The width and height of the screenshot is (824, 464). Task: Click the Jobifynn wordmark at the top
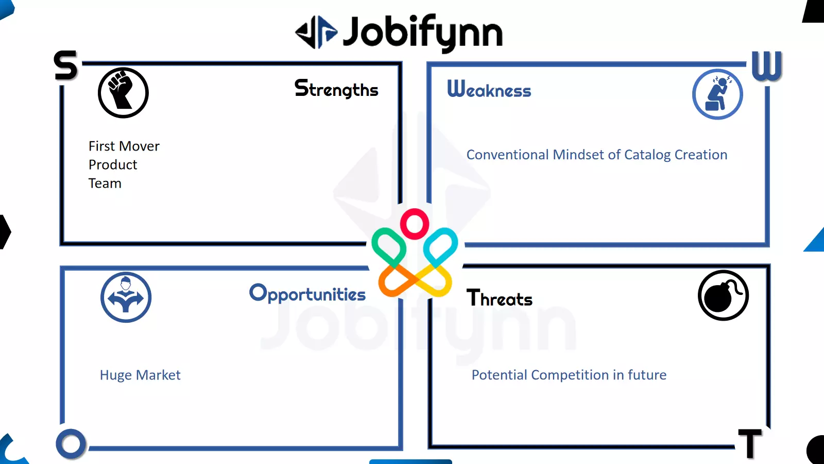pos(423,32)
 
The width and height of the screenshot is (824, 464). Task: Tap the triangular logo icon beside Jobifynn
pos(316,32)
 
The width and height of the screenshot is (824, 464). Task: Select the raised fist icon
pos(123,92)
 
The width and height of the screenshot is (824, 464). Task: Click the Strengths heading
pos(336,89)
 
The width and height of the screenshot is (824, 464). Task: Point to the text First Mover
pos(124,146)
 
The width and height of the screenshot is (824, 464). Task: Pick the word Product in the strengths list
pos(113,164)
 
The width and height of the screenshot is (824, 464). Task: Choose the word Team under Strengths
pos(105,183)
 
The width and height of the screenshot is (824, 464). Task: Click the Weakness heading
pos(489,89)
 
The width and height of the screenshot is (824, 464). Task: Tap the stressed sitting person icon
pos(717,94)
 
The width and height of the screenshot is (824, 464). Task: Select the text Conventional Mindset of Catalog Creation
pos(597,155)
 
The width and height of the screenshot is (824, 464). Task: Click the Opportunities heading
pos(307,293)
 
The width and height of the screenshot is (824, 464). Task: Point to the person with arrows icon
pos(126,297)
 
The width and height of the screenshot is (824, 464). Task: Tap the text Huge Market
pos(140,375)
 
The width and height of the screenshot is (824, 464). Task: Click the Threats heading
pos(499,298)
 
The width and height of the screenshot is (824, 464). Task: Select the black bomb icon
pos(723,295)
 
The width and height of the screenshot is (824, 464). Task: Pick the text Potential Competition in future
pos(569,375)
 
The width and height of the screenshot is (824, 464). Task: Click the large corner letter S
pos(66,65)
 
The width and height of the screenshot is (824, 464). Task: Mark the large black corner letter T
pos(750,443)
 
